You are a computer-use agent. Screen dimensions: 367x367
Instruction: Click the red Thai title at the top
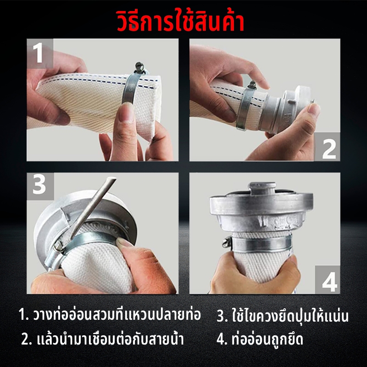click(x=180, y=22)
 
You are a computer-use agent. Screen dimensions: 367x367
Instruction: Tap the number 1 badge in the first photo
click(x=40, y=53)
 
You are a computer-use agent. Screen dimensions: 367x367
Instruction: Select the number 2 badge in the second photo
click(x=327, y=147)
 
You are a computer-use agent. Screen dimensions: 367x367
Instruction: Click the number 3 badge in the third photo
click(x=40, y=186)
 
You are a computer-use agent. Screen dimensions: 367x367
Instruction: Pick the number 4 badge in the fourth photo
click(x=327, y=279)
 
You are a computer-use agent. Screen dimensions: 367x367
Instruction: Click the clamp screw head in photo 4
click(x=227, y=242)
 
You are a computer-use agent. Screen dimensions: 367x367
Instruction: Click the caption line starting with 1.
click(x=110, y=315)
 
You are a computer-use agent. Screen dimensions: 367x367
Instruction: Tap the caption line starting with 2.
click(x=102, y=339)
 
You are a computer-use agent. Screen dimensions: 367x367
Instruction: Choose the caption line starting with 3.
click(x=283, y=315)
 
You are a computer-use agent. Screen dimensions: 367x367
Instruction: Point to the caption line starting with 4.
click(x=260, y=339)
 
